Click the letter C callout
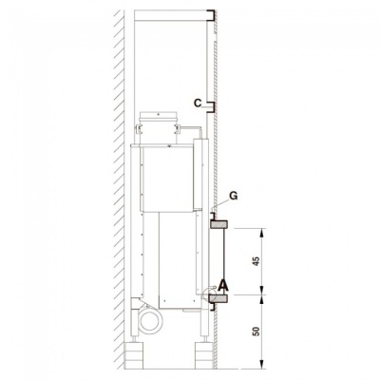coord(197,101)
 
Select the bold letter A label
coord(223,284)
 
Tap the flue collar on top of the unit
coord(153,122)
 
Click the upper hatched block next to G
coord(219,225)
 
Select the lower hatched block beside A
coord(219,300)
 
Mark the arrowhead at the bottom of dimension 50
coord(262,364)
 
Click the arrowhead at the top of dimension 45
coord(262,230)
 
